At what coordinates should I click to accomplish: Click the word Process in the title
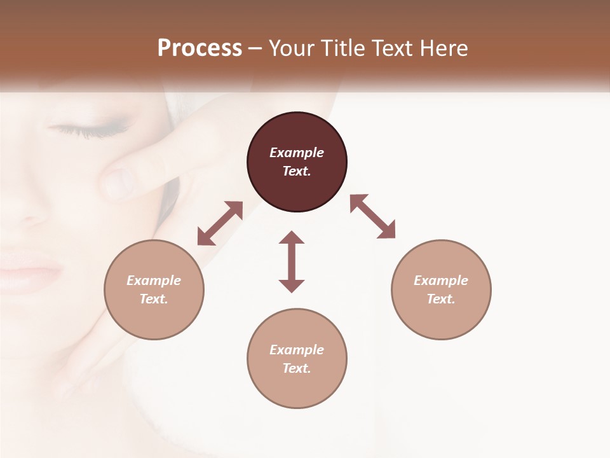(200, 48)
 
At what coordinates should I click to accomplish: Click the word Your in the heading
(289, 48)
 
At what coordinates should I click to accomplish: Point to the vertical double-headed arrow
(292, 261)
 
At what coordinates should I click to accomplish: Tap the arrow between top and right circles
(372, 216)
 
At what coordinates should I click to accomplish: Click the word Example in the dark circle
(297, 153)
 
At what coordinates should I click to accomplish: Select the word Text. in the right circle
(441, 299)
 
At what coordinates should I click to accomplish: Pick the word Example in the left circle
(154, 281)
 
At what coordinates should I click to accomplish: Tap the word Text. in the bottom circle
(297, 368)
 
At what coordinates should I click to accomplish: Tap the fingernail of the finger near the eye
(119, 184)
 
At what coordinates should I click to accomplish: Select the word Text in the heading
(388, 48)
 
